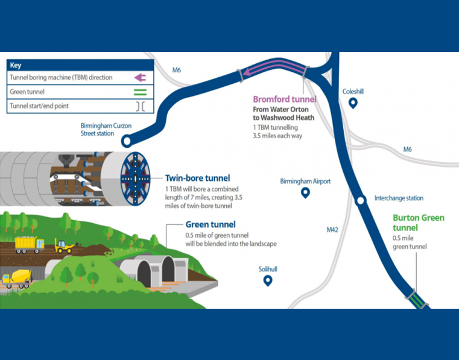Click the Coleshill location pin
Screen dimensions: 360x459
353,103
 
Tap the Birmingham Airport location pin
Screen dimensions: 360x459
305,193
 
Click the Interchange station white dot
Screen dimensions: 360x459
361,201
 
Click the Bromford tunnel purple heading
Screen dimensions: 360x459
280,99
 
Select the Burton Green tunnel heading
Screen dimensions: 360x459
418,223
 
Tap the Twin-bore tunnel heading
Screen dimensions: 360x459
195,178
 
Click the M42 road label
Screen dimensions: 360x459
333,230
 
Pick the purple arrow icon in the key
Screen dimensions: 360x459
140,78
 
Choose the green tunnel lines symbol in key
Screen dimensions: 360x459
140,92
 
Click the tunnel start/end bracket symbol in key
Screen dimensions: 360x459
140,106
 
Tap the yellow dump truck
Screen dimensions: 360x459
28,244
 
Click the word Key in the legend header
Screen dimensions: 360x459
16,65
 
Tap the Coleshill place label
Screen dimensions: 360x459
353,92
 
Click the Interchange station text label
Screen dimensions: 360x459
399,198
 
